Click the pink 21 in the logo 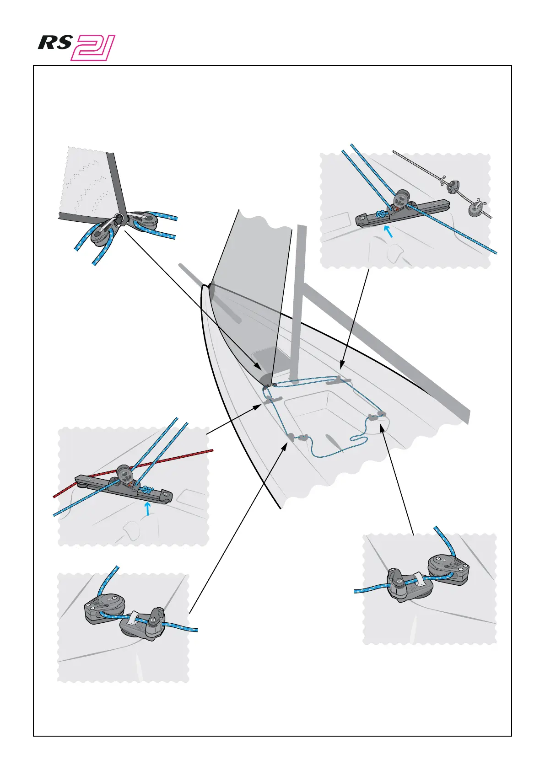coord(93,48)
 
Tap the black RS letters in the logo coord(55,43)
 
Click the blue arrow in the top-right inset coord(389,231)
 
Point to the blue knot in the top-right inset coord(380,214)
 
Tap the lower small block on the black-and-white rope coord(474,209)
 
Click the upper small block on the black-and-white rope coord(453,186)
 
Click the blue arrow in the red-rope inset coord(147,508)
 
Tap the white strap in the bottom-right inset coord(418,578)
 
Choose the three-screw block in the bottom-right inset coord(448,568)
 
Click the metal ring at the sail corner coord(119,218)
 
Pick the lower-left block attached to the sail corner coord(103,232)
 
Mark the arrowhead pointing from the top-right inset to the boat coord(340,366)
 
